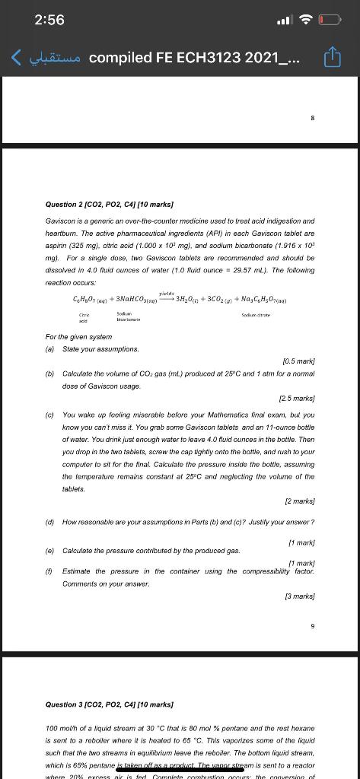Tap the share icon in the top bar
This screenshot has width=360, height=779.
point(333,57)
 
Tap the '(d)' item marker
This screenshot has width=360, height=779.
point(50,522)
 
